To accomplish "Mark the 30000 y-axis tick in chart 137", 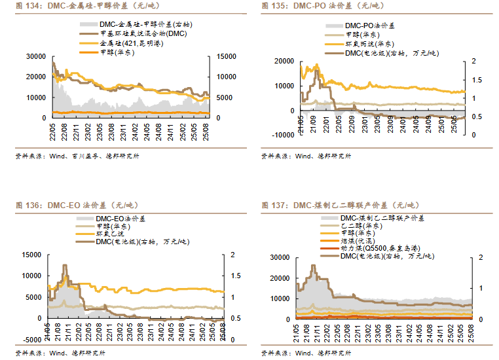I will coord(278,258).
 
